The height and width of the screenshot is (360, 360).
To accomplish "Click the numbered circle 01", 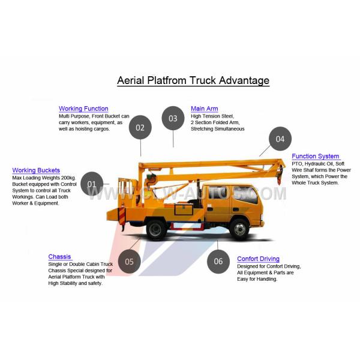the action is [x=92, y=184].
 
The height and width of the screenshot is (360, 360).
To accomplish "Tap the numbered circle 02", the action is [x=140, y=127].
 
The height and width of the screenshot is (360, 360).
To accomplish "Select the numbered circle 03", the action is [x=173, y=118].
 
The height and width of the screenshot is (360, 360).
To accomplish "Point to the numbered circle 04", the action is [x=280, y=139].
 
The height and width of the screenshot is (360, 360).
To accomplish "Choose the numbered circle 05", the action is [x=129, y=261].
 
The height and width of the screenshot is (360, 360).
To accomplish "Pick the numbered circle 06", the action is [x=218, y=261].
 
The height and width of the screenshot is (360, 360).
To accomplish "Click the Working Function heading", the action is [x=83, y=109].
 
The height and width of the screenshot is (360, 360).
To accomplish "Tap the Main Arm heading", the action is [x=205, y=109].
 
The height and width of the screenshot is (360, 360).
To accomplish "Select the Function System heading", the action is [x=316, y=156].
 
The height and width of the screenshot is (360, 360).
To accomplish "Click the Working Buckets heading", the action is [x=36, y=170].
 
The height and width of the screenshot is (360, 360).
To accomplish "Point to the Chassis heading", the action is [x=59, y=257].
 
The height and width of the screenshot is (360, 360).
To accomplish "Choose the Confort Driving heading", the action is [x=258, y=259].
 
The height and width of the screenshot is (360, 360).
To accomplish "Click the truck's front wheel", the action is [x=239, y=229].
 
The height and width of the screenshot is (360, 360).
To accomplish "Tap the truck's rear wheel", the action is [x=156, y=229].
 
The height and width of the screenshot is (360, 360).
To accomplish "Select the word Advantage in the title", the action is [x=244, y=81].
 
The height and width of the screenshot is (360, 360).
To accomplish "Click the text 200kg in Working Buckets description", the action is [x=68, y=178].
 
